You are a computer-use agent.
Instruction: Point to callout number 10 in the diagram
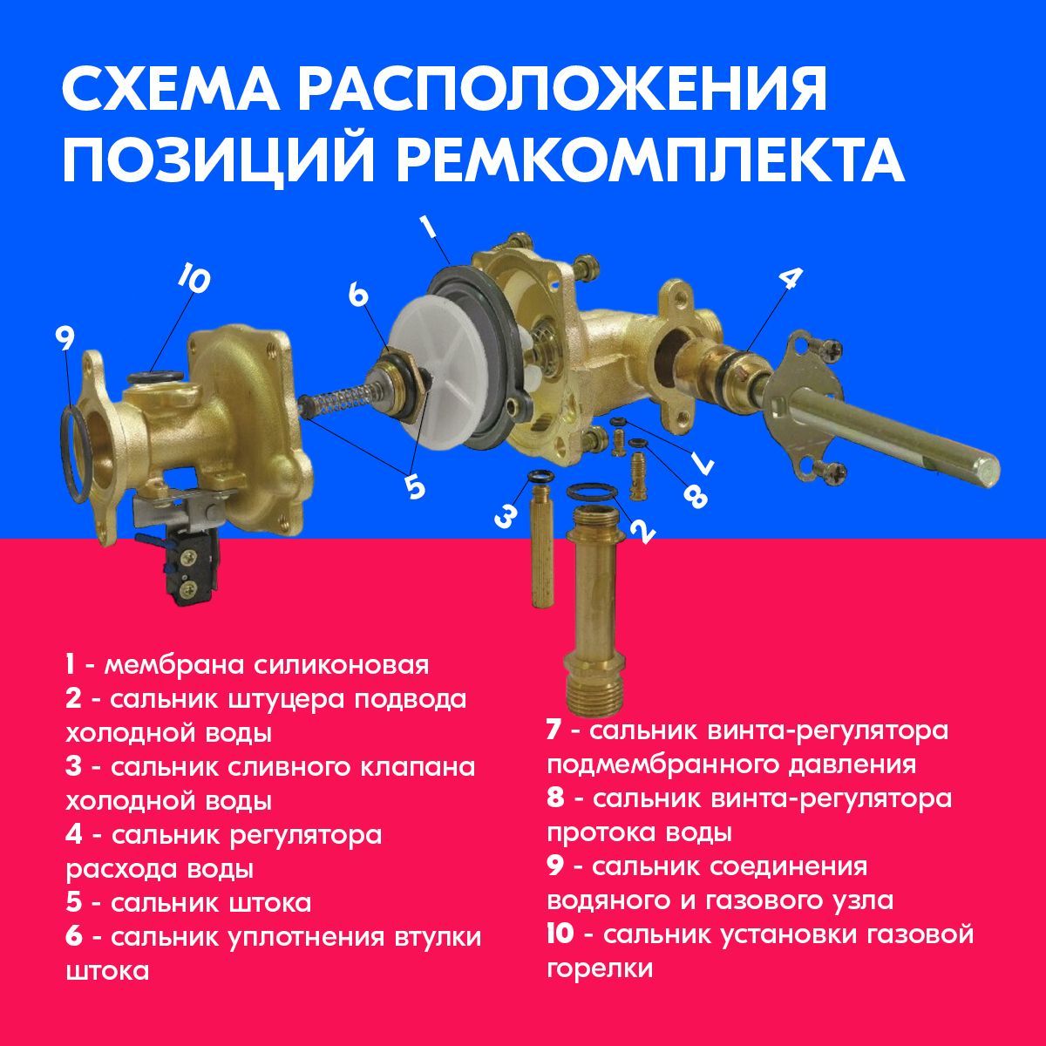click(194, 279)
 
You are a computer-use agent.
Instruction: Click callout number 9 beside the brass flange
click(65, 337)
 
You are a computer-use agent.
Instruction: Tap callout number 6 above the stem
click(358, 295)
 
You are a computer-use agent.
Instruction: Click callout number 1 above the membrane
click(428, 228)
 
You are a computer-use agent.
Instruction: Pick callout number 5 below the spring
click(415, 486)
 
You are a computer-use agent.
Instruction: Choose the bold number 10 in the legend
click(560, 935)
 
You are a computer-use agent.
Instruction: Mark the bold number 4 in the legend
click(74, 835)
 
